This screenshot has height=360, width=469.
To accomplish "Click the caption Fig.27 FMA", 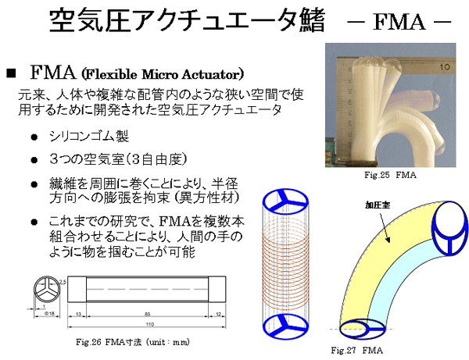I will click(x=356, y=348).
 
